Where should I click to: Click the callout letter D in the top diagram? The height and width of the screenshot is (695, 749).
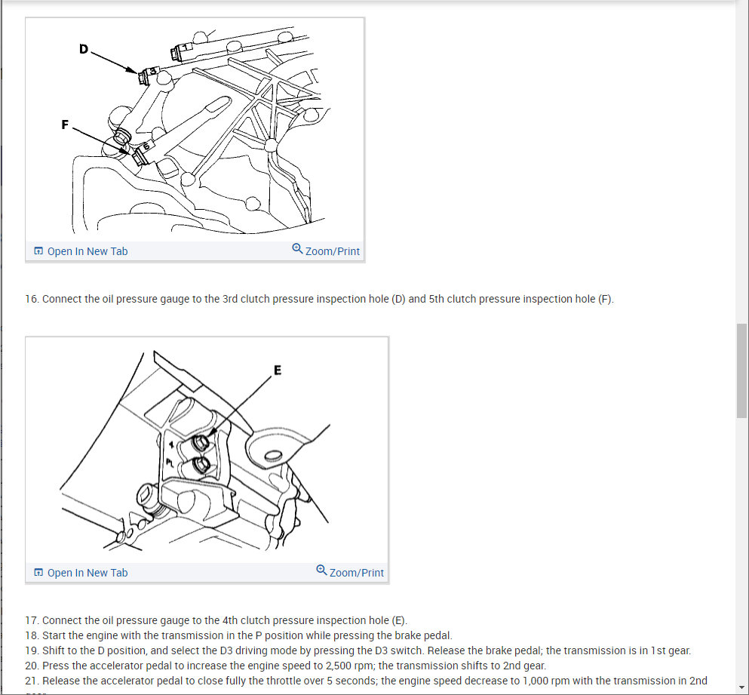(83, 49)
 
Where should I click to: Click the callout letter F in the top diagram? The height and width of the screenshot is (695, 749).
(65, 125)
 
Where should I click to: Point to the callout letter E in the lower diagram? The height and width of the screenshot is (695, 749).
(278, 370)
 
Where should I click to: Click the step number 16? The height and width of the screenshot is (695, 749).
(31, 299)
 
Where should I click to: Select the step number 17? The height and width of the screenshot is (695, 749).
(31, 620)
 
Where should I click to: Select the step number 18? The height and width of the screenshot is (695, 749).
(31, 635)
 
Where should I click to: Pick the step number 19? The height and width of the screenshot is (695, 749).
(31, 650)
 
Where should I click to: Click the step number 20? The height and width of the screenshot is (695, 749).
(31, 666)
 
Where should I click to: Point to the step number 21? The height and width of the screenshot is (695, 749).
(31, 681)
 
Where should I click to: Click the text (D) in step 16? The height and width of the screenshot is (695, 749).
(398, 299)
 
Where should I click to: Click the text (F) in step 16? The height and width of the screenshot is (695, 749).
(606, 299)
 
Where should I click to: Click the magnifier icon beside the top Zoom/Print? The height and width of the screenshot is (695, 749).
(297, 249)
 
